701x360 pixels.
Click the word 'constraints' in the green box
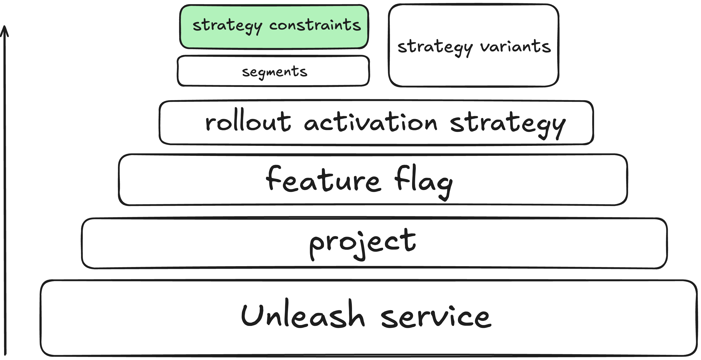(315, 25)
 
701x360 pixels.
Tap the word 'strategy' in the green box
(227, 26)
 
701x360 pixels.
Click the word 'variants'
(515, 46)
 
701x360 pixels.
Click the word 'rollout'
(248, 121)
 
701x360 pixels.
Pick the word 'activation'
(371, 122)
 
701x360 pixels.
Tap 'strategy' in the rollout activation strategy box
(508, 124)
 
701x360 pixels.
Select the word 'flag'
(423, 182)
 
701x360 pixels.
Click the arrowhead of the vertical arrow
(4, 26)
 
